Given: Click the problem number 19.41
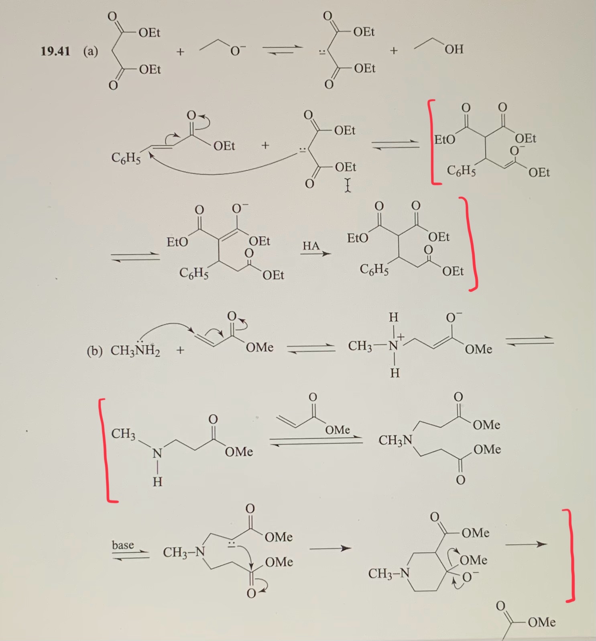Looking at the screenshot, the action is tap(55, 51).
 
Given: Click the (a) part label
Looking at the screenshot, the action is tap(91, 51).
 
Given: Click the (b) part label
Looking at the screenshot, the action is tap(95, 351).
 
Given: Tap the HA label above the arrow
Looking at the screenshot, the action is tap(311, 246).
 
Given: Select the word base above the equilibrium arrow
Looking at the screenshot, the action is tap(123, 545).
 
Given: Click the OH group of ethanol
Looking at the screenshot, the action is tap(454, 49).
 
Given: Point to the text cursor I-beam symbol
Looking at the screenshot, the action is tap(348, 185).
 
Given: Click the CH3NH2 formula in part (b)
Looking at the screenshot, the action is tap(135, 350).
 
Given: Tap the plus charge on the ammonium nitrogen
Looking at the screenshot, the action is tap(401, 337).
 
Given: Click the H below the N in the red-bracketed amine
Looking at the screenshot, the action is tap(157, 481).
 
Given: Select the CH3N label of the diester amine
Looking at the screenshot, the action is tap(395, 440).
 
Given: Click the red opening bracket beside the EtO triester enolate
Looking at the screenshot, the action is tap(433, 142).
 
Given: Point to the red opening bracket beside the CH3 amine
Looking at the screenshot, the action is tap(106, 450).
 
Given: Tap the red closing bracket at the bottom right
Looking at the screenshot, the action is tap(571, 556).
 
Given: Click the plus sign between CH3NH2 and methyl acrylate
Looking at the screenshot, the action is tap(180, 350).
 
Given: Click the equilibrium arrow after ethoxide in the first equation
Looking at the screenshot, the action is tap(282, 50).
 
